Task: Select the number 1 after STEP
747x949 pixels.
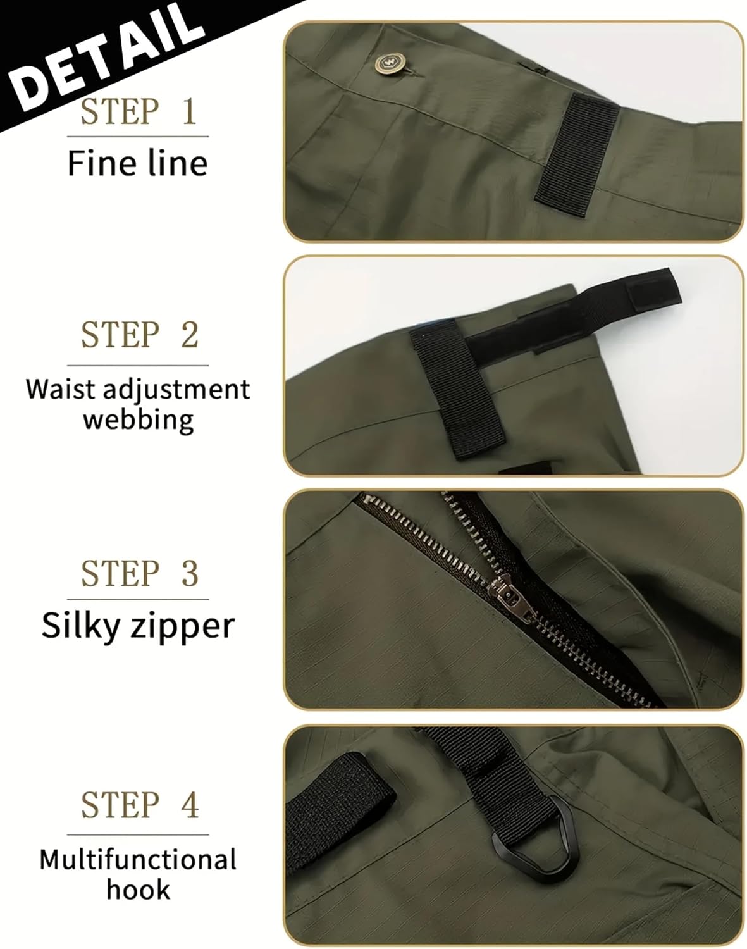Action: pos(188,111)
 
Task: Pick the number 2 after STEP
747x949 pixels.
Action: pos(190,335)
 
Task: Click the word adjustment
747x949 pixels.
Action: pos(176,390)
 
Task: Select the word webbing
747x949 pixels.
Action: pos(138,419)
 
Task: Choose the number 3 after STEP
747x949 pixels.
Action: pos(190,573)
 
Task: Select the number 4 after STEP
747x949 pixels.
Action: pos(190,805)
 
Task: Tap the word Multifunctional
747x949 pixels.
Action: pos(138,860)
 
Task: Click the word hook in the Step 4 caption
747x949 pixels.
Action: pos(138,890)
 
